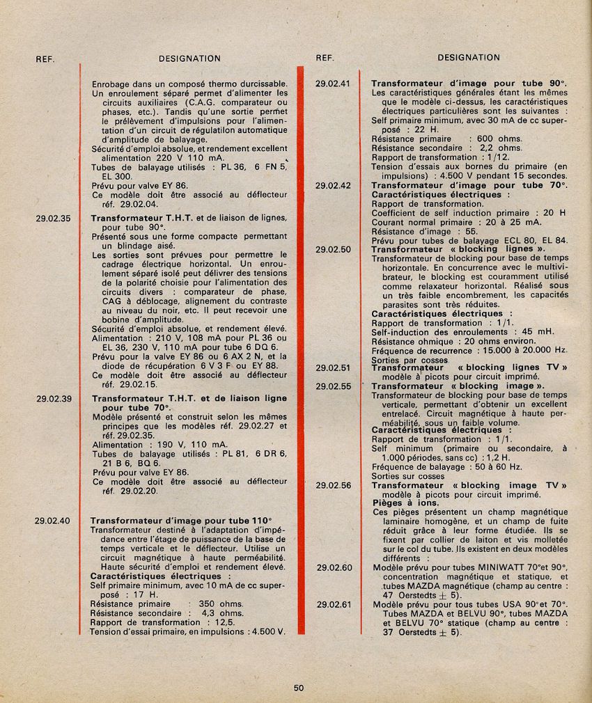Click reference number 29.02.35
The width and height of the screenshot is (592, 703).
pyautogui.click(x=53, y=218)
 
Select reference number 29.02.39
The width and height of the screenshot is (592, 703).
pyautogui.click(x=54, y=399)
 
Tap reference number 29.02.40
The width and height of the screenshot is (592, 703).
pyautogui.click(x=52, y=520)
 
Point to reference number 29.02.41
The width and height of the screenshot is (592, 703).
pyautogui.click(x=332, y=84)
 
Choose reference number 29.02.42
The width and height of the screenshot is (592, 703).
pyautogui.click(x=332, y=186)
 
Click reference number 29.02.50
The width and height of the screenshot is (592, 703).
pyautogui.click(x=332, y=249)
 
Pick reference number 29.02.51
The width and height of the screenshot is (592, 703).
pyautogui.click(x=332, y=368)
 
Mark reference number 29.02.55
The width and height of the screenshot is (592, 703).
pyautogui.click(x=332, y=386)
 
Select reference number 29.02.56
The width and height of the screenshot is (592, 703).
pyautogui.click(x=332, y=485)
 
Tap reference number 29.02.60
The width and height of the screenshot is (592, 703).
pyautogui.click(x=334, y=567)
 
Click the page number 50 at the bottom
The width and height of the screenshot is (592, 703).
pyautogui.click(x=299, y=688)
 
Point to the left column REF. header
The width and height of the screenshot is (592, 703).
pyautogui.click(x=45, y=59)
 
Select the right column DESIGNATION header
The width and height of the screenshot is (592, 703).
pyautogui.click(x=469, y=58)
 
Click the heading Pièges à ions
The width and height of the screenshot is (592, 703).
pyautogui.click(x=398, y=503)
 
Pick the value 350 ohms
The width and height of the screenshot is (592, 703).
pyautogui.click(x=221, y=604)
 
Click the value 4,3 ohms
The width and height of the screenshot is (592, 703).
pyautogui.click(x=222, y=613)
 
